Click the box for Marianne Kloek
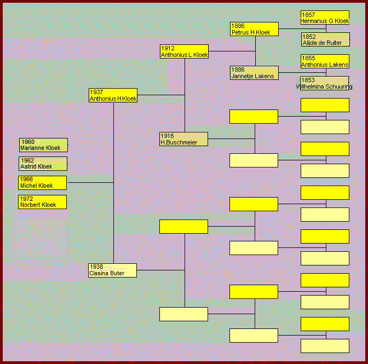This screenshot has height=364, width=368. [44, 145]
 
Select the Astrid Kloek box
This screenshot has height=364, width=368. [44, 164]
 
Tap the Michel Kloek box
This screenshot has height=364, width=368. [43, 183]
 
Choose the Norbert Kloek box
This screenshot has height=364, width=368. [43, 202]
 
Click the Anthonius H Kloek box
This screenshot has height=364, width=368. [113, 95]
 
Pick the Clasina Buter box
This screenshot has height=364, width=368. [113, 270]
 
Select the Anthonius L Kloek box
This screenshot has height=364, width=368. [185, 51]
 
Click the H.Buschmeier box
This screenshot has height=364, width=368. [184, 139]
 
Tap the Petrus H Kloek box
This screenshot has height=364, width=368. [254, 29]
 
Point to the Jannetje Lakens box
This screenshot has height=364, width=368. [254, 73]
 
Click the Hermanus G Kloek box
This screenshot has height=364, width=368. [325, 18]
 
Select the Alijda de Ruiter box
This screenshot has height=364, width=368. [325, 39]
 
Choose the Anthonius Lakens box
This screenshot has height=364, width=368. [325, 61]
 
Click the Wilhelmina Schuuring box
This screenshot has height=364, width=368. [325, 83]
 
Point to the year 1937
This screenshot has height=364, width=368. [96, 92]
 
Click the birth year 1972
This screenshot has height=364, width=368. [26, 199]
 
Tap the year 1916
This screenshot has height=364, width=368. [167, 136]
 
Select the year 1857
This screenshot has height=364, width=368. [308, 14]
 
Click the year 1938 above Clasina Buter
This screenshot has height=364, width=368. [96, 267]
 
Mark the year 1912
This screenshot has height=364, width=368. [168, 48]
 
